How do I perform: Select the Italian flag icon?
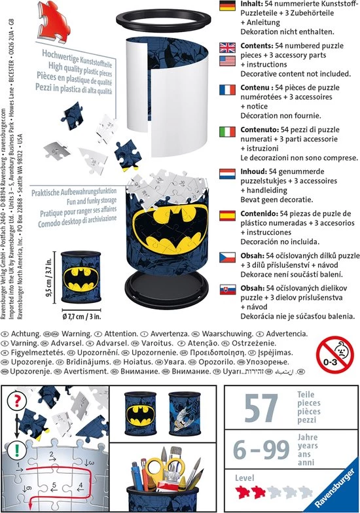(x=227, y=132)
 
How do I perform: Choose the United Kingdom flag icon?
(x=227, y=47)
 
